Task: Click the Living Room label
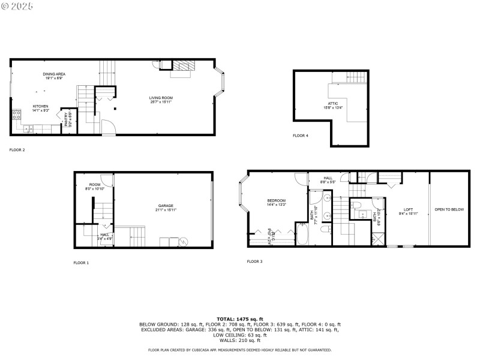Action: click(161, 98)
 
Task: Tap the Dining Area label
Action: click(54, 74)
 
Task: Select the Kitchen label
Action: click(40, 106)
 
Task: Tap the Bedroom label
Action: click(276, 200)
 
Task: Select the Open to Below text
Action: click(449, 209)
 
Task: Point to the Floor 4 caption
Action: click(301, 136)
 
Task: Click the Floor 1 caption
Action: click(81, 263)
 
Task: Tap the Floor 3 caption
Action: click(254, 261)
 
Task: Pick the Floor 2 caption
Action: click(17, 149)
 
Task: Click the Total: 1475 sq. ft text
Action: click(239, 319)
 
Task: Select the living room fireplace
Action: click(182, 67)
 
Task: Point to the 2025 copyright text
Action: click(17, 5)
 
